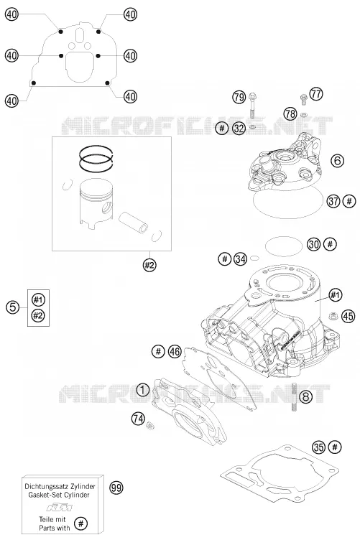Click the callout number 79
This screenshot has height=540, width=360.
pos(239,97)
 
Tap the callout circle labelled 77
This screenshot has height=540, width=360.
pos(316,93)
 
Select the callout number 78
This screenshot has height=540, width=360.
pos(290,113)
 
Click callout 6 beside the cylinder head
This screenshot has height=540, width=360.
pos(337,160)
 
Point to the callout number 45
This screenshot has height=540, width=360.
pos(349,316)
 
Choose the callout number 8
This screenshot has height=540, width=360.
pos(305,396)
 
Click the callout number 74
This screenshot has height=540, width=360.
pos(138,419)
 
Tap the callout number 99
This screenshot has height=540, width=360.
pos(116,488)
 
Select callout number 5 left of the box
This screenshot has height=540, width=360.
pos(13,307)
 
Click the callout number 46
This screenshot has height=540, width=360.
pos(175,351)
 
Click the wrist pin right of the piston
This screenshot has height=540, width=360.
pos(134,223)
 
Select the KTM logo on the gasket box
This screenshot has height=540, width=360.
pos(60,508)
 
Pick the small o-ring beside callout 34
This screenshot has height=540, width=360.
pos(255,258)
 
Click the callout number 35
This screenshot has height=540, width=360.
pos(318,447)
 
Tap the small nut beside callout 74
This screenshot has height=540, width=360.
pos(149,425)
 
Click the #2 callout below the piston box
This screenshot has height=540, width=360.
pos(149,265)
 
